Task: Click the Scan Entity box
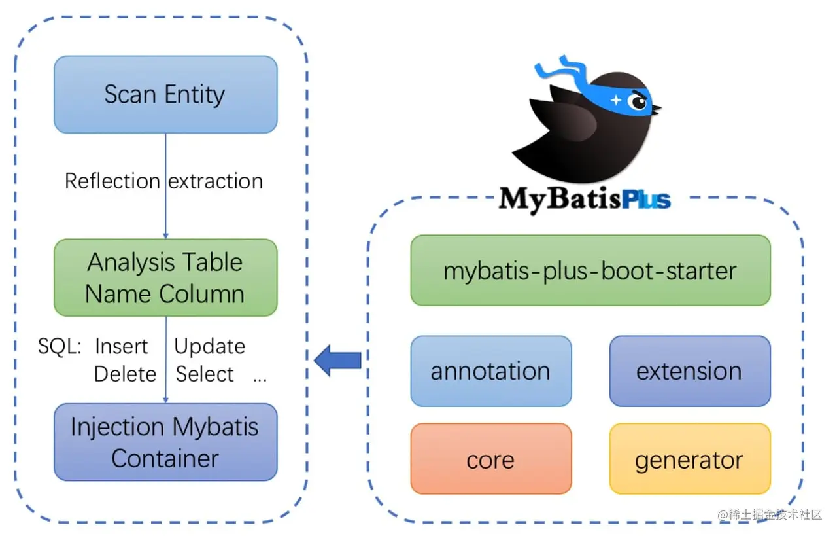165,94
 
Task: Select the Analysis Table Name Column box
165,277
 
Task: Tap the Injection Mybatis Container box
165,442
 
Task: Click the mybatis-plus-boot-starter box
590,270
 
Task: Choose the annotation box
490,371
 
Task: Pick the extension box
689,371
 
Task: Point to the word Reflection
112,181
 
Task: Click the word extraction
216,181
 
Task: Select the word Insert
121,346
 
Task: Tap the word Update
209,346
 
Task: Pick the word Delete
125,374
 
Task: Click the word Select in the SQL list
205,374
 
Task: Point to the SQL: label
59,346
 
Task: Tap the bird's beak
656,107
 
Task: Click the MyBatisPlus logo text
584,198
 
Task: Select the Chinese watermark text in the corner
770,514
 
